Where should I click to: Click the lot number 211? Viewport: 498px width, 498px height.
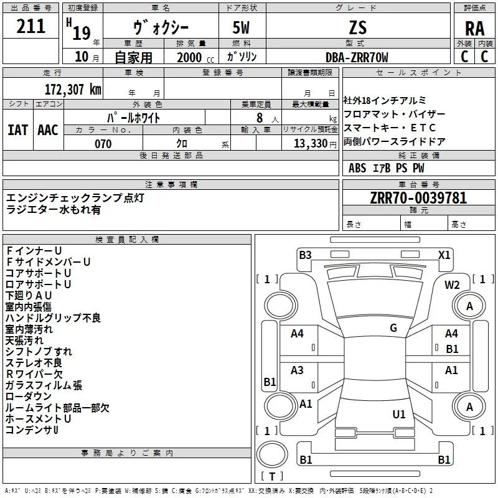pyautogui.click(x=31, y=26)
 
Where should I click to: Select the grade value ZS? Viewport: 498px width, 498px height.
pyautogui.click(x=358, y=27)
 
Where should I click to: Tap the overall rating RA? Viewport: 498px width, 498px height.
pyautogui.click(x=474, y=29)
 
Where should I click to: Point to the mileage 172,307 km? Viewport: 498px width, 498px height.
pyautogui.click(x=73, y=90)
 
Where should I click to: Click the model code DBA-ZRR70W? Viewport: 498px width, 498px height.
pyautogui.click(x=357, y=57)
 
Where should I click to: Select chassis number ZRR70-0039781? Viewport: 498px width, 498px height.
pyautogui.click(x=418, y=198)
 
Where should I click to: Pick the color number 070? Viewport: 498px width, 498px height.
pyautogui.click(x=103, y=144)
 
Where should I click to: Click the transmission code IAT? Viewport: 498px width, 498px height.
pyautogui.click(x=18, y=130)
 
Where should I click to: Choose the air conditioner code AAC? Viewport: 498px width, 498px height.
pyautogui.click(x=48, y=130)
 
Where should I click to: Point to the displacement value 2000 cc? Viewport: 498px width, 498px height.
pyautogui.click(x=195, y=57)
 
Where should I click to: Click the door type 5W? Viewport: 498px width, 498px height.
pyautogui.click(x=242, y=27)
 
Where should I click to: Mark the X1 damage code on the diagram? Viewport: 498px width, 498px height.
pyautogui.click(x=444, y=255)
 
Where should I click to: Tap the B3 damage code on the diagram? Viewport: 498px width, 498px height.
pyautogui.click(x=305, y=255)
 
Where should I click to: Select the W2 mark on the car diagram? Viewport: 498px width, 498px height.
pyautogui.click(x=452, y=285)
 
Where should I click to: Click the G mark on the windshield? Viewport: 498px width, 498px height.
pyautogui.click(x=393, y=328)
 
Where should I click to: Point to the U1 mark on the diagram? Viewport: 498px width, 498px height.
pyautogui.click(x=399, y=414)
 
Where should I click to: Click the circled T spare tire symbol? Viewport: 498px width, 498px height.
pyautogui.click(x=272, y=455)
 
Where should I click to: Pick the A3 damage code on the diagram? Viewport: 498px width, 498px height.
pyautogui.click(x=297, y=370)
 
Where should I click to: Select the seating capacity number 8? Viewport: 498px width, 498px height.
pyautogui.click(x=260, y=118)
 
